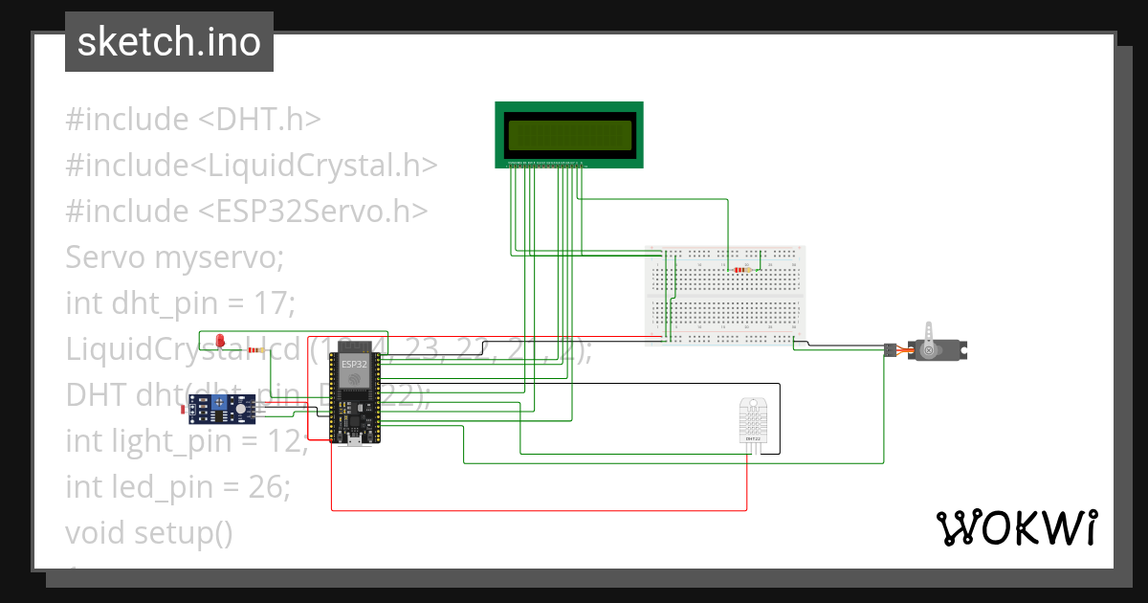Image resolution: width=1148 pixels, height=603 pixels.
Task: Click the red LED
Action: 219,341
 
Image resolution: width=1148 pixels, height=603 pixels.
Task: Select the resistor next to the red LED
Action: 256,350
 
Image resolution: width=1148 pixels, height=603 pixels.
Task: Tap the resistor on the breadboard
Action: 741,271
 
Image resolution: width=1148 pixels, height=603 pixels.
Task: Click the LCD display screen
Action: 569,135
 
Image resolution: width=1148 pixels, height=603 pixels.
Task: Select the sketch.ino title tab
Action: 169,42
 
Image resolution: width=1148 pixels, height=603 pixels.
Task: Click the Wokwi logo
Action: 1015,527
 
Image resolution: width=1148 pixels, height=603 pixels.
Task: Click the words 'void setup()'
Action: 149,532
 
